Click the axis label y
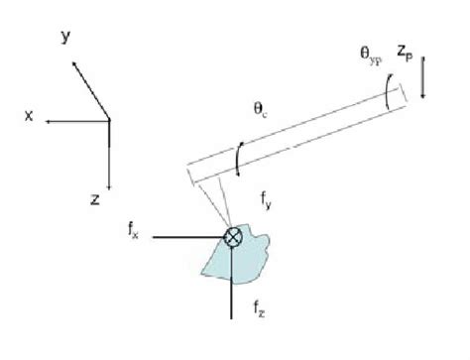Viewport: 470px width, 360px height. tap(64, 37)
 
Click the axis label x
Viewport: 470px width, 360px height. tap(30, 116)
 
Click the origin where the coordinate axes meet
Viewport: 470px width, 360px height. tap(109, 120)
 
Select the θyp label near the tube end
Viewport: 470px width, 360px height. tap(377, 58)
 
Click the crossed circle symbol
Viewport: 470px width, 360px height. tap(233, 238)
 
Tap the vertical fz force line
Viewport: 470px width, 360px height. tap(233, 293)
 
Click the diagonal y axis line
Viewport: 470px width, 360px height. tap(89, 89)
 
